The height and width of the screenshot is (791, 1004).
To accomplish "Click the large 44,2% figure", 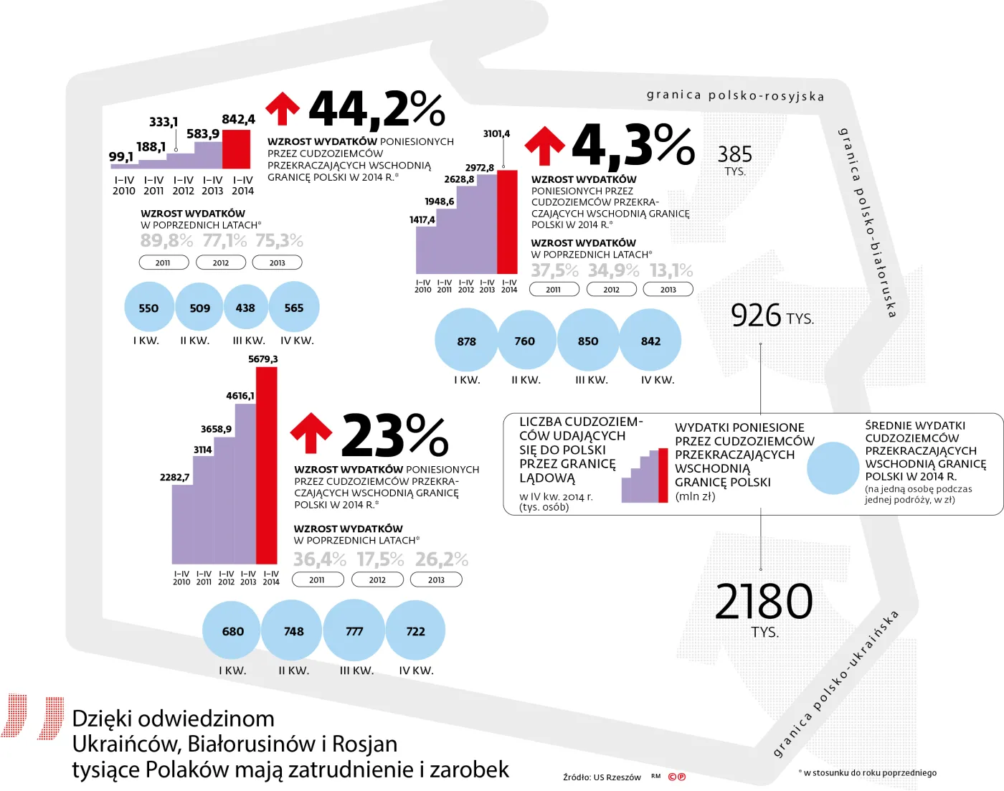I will [376, 109].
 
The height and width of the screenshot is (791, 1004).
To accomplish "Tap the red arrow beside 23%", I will [311, 433].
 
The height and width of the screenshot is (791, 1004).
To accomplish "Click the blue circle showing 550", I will [149, 308].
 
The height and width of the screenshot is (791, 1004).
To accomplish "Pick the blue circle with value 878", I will [466, 341].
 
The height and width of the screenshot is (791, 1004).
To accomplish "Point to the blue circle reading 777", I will [354, 631].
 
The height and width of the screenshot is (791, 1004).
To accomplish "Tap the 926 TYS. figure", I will [772, 316].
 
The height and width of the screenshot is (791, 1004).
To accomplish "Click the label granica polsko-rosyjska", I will [735, 95].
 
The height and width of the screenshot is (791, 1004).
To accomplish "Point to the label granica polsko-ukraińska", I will [836, 684].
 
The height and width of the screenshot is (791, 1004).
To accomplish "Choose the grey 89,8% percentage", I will [166, 240].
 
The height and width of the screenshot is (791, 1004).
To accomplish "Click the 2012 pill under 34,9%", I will [611, 290].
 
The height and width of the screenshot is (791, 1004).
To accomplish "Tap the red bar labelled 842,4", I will [237, 149].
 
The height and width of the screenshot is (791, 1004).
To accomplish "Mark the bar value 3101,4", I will [496, 134].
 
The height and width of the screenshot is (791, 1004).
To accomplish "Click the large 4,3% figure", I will [633, 146].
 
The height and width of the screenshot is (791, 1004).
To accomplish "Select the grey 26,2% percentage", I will [441, 559].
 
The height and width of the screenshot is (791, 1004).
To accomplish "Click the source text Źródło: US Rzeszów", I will [602, 777].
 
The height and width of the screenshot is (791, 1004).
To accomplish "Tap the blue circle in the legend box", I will [833, 468].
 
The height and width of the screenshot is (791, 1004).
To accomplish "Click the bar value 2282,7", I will [174, 478].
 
